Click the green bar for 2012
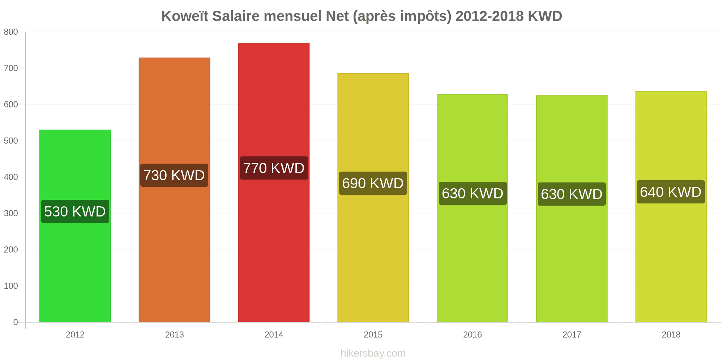[x=75, y=226]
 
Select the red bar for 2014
[x=274, y=183]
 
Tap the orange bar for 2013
[x=174, y=190]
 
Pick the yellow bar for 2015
[x=373, y=198]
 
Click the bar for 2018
[x=671, y=207]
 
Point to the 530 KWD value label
[x=75, y=211]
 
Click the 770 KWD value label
[x=274, y=168]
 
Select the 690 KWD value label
[x=373, y=183]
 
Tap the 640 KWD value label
[x=671, y=192]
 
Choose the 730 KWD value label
[x=174, y=175]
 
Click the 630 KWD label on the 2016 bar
[x=473, y=193]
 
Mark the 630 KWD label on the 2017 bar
[x=572, y=194]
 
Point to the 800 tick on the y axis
[x=11, y=32]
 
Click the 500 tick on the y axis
[x=11, y=141]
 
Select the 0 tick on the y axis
[x=16, y=322]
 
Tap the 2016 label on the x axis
[x=472, y=334]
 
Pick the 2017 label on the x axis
[x=572, y=334]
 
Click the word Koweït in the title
[x=185, y=16]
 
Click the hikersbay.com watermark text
[x=373, y=353]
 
